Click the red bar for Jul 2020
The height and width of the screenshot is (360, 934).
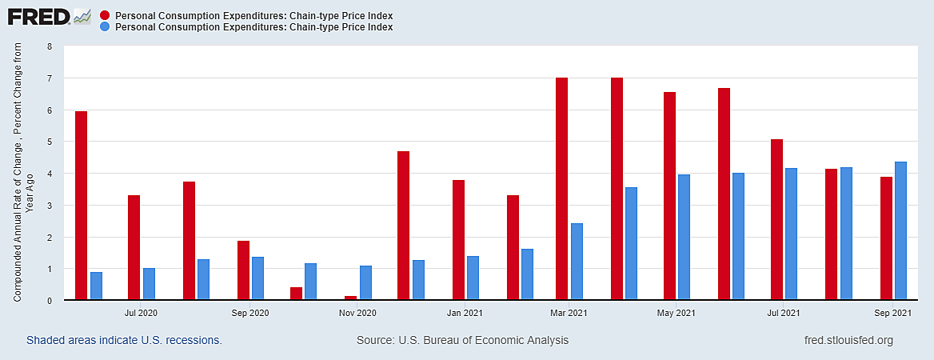pos(134,247)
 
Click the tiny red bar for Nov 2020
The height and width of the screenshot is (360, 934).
pos(350,298)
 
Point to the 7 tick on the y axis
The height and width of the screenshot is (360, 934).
pos(49,78)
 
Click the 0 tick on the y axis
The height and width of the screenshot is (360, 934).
pos(49,301)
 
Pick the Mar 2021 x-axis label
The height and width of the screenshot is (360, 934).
pos(569,313)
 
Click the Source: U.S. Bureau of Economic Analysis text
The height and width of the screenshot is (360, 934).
pos(462,341)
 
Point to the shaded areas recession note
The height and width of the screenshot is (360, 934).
pos(124,341)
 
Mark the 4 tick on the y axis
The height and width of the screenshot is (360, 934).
pos(49,174)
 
